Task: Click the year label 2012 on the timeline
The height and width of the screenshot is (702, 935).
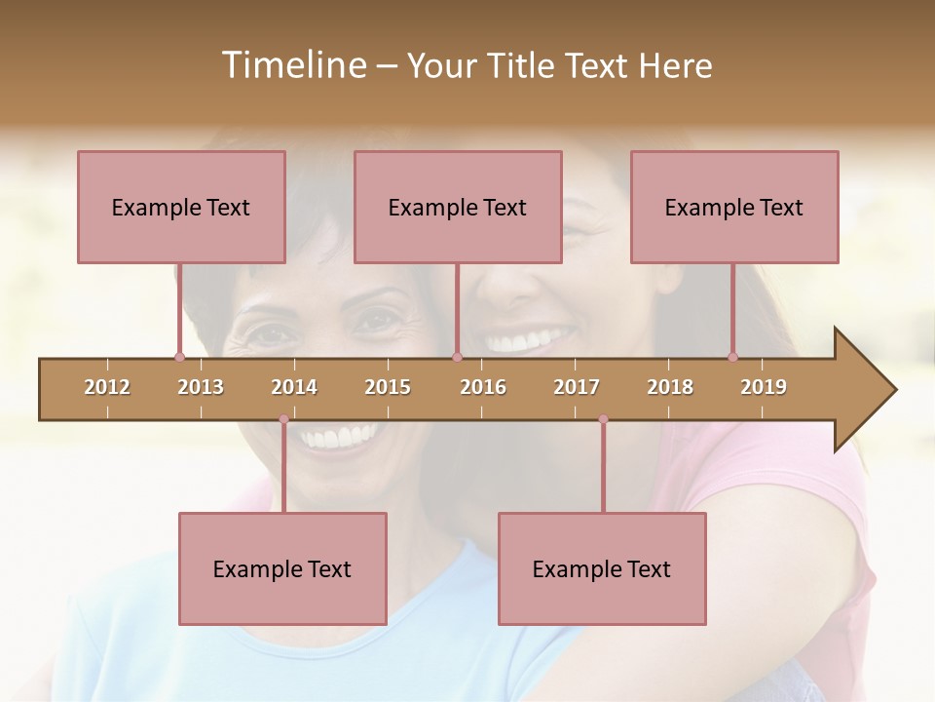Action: (x=107, y=387)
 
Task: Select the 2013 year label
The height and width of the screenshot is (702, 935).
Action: (x=201, y=387)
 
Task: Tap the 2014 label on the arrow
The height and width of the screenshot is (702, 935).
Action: (x=294, y=387)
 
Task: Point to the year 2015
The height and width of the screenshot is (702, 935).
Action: (x=388, y=387)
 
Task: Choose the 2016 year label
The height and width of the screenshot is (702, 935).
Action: (x=483, y=387)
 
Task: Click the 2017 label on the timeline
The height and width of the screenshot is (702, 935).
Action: (x=577, y=387)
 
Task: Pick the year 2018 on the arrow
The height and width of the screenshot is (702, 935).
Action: (x=670, y=387)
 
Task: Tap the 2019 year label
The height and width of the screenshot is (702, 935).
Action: (x=764, y=387)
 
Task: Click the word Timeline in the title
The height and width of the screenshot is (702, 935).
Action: (x=292, y=65)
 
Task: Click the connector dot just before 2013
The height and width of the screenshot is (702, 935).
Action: (x=179, y=358)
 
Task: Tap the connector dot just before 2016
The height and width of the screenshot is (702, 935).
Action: (x=457, y=358)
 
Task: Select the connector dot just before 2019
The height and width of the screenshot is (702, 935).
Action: (x=732, y=358)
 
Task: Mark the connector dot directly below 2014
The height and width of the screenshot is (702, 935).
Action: (x=283, y=419)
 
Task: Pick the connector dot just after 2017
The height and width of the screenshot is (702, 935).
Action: (x=603, y=419)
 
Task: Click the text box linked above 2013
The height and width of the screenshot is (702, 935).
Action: (x=181, y=207)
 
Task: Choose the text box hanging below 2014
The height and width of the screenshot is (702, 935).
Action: (x=282, y=568)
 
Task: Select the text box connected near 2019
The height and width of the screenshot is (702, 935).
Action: (x=734, y=207)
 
